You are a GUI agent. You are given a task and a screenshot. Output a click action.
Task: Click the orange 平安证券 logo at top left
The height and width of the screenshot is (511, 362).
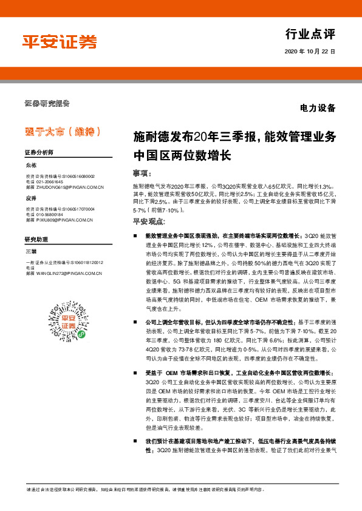point(60,42)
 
